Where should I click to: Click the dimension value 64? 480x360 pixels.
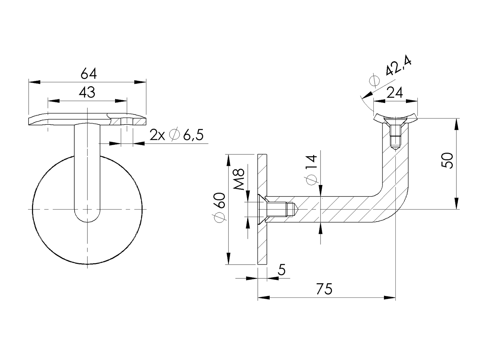click(89, 74)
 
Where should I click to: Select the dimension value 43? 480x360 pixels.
click(87, 92)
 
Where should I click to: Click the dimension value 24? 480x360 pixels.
click(394, 93)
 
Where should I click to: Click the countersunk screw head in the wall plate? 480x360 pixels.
click(261, 209)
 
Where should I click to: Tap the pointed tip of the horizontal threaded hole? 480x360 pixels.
click(297, 209)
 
